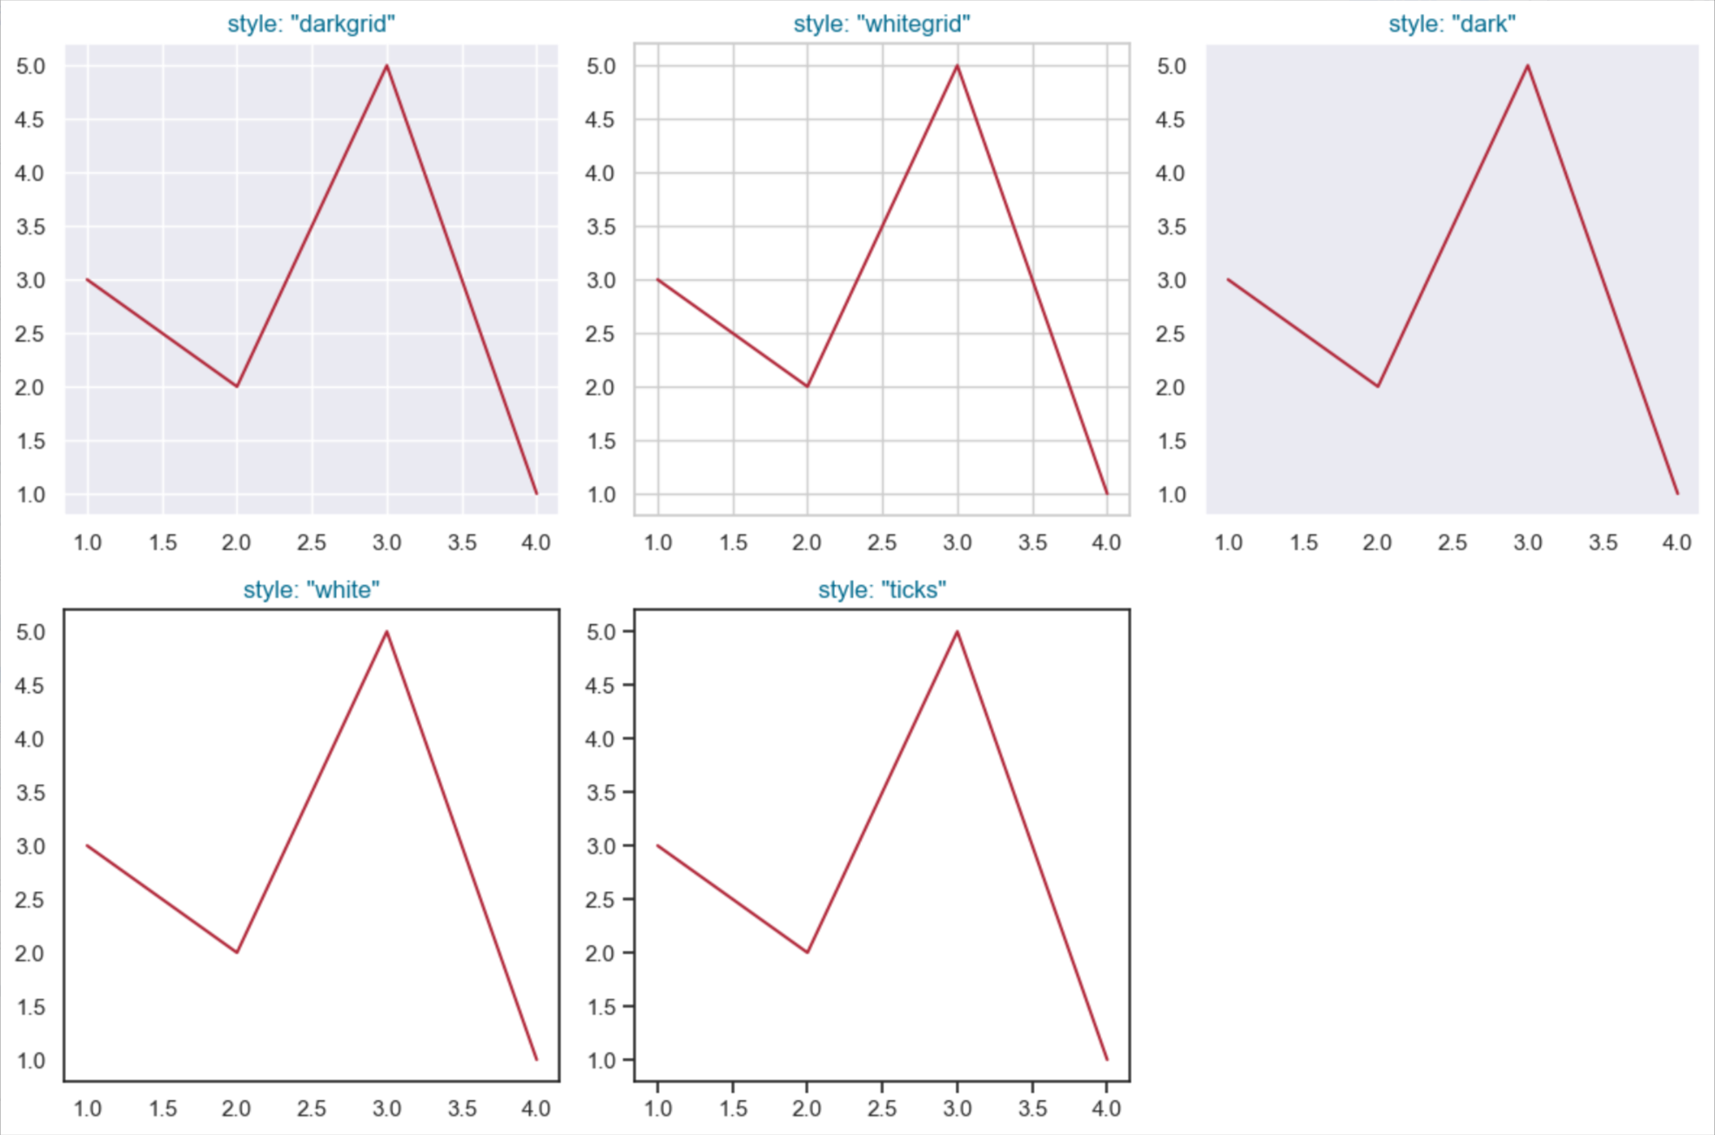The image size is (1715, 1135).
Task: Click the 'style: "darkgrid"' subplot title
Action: (311, 24)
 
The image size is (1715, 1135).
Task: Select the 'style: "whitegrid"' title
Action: (881, 24)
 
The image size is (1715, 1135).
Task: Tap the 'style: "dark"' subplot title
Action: (1451, 24)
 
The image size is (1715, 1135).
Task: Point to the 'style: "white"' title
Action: (311, 589)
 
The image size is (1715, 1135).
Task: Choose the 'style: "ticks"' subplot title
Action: (881, 589)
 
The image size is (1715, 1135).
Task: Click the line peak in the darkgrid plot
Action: (387, 65)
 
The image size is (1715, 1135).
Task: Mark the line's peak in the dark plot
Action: (1527, 65)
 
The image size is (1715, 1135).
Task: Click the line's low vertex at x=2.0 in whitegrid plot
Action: (807, 386)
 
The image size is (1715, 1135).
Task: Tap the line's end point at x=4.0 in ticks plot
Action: (1106, 1059)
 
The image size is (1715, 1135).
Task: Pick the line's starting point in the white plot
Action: (87, 845)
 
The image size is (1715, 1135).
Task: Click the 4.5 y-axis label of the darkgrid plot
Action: (30, 119)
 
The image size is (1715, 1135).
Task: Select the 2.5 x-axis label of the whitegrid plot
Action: (882, 542)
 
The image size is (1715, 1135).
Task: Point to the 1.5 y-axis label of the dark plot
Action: (1171, 441)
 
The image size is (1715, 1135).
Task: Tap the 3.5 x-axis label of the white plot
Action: (461, 1108)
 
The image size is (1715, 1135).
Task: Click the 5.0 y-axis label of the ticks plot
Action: (601, 632)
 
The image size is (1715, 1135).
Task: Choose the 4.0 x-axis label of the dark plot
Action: (1677, 542)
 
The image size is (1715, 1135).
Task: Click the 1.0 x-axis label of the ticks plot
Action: (657, 1108)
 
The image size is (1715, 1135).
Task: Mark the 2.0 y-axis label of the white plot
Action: (30, 953)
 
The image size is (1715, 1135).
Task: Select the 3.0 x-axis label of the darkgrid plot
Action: (387, 542)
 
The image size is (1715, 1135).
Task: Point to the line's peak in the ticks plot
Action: (957, 632)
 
